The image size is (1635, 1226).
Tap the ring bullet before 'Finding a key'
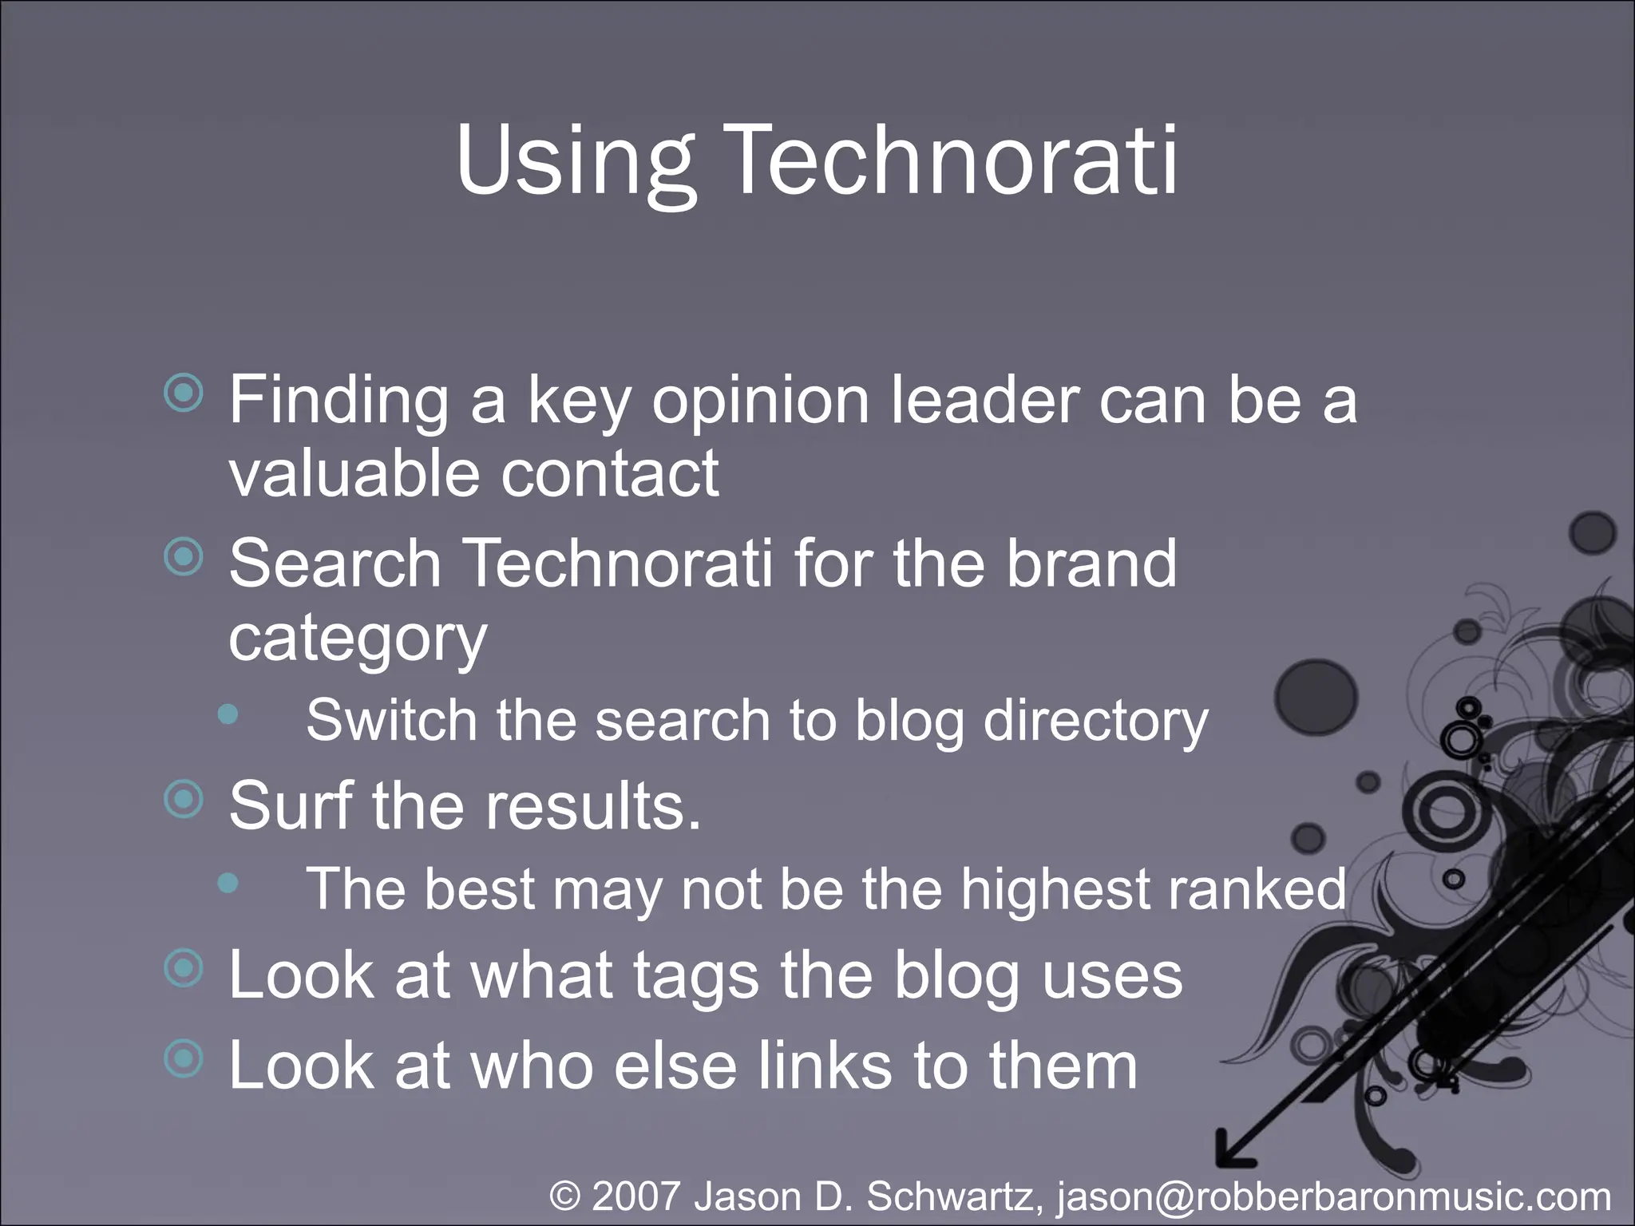[184, 393]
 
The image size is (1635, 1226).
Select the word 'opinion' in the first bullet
[760, 401]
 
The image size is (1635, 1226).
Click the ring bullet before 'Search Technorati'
[184, 556]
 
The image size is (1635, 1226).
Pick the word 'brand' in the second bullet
[1091, 563]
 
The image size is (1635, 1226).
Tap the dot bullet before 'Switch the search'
[228, 714]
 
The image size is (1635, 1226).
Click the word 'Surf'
[290, 805]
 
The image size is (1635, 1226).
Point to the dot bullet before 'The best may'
[228, 882]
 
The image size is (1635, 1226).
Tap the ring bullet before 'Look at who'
[184, 1058]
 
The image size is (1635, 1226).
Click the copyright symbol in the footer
[565, 1196]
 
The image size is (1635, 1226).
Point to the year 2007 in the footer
[636, 1196]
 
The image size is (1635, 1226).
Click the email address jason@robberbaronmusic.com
[1333, 1196]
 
